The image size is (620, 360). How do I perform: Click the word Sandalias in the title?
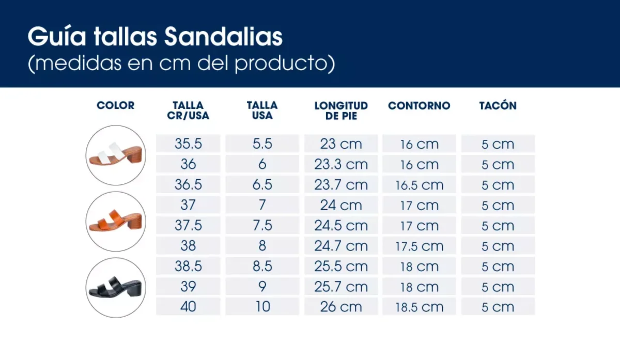[x=223, y=37]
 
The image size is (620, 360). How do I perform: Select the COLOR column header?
[x=115, y=105]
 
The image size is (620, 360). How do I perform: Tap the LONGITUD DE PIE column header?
[x=341, y=111]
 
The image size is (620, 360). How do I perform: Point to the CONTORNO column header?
[x=419, y=105]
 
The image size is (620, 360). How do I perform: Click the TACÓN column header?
[x=498, y=105]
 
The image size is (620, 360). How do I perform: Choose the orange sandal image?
[x=115, y=222]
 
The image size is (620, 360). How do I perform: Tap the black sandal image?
[x=115, y=288]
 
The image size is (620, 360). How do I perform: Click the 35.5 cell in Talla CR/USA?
[x=188, y=144]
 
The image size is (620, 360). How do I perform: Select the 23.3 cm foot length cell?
[x=341, y=164]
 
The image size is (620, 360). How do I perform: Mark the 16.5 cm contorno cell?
[x=419, y=185]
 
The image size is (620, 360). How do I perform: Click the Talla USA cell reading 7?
[x=262, y=205]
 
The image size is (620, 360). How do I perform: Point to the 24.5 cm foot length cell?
[x=341, y=226]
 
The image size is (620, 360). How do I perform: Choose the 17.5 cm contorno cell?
[x=419, y=246]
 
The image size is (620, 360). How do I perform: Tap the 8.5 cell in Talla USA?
[x=262, y=267]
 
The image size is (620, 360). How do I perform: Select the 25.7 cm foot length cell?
[x=341, y=287]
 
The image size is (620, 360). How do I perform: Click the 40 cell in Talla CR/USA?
[x=188, y=307]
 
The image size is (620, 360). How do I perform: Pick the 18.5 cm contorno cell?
[x=419, y=307]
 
